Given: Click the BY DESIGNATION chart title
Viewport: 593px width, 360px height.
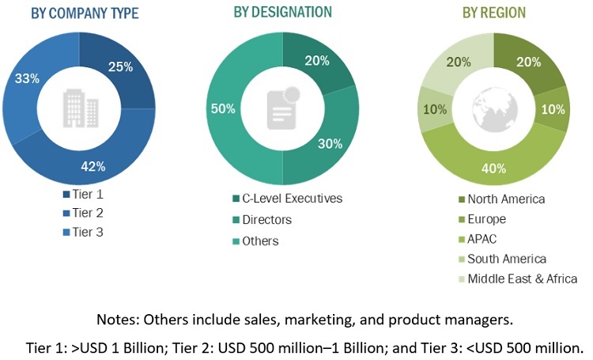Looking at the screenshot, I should pyautogui.click(x=282, y=13).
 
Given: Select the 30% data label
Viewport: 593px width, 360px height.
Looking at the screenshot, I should pyautogui.click(x=329, y=143).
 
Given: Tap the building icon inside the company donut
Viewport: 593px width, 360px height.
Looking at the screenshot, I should pyautogui.click(x=79, y=106).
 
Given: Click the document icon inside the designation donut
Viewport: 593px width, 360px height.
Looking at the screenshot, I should pyautogui.click(x=282, y=107).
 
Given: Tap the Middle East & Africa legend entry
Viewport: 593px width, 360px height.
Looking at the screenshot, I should pyautogui.click(x=522, y=278).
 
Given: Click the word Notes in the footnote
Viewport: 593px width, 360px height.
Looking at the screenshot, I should pyautogui.click(x=116, y=320).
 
